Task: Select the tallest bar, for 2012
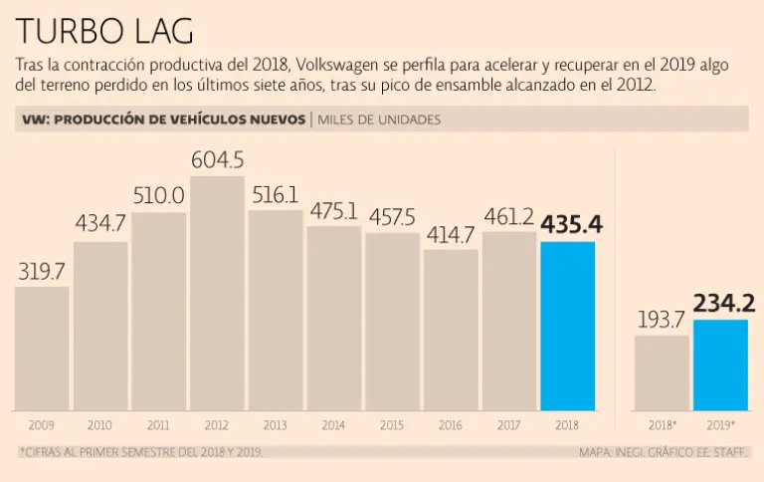click(217, 294)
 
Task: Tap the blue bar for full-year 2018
click(567, 327)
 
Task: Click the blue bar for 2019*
click(720, 364)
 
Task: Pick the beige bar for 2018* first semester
click(662, 372)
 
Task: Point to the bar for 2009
click(42, 349)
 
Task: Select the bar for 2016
click(451, 330)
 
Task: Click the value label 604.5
click(217, 159)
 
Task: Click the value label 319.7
click(42, 270)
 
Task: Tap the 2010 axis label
click(100, 425)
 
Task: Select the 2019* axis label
click(720, 425)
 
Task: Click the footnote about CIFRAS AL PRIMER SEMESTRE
click(140, 452)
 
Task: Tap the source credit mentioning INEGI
click(664, 452)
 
